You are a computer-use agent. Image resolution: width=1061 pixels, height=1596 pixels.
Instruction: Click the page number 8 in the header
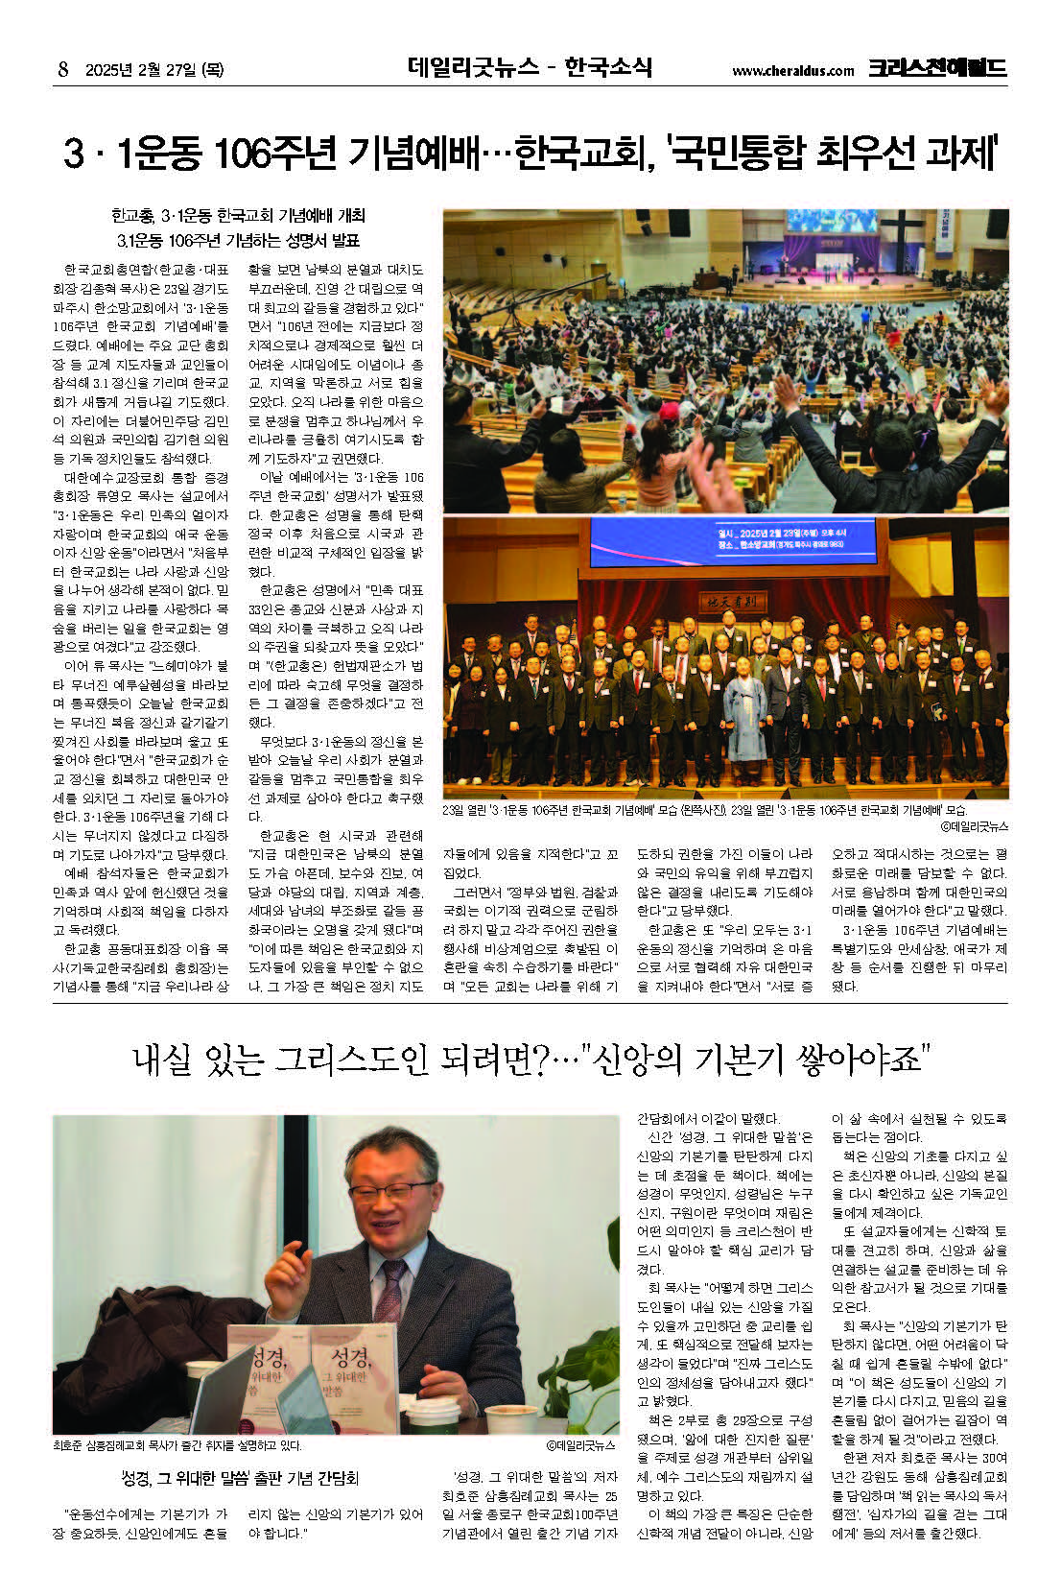(x=63, y=69)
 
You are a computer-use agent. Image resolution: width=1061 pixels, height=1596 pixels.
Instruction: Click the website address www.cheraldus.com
(x=791, y=70)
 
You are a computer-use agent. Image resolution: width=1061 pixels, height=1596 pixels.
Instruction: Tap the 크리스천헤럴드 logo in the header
(x=937, y=68)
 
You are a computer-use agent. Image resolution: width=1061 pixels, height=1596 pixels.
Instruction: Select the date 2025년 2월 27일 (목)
(x=153, y=69)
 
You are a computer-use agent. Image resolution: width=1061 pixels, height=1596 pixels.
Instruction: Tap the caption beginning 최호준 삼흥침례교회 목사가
(x=177, y=1444)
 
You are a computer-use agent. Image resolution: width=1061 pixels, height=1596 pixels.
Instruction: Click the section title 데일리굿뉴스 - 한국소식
(x=530, y=68)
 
